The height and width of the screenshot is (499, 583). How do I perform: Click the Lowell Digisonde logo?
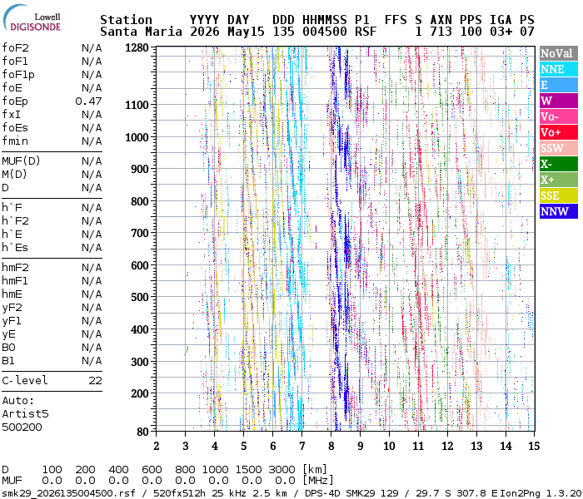pyautogui.click(x=32, y=18)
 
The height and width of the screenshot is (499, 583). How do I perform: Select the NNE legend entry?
pyautogui.click(x=559, y=69)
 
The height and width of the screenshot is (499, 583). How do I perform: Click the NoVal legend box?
pyautogui.click(x=559, y=53)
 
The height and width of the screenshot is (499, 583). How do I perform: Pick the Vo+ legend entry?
pyautogui.click(x=559, y=132)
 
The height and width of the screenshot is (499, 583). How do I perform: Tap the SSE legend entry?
pyautogui.click(x=559, y=195)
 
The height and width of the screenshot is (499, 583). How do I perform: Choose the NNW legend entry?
pyautogui.click(x=559, y=211)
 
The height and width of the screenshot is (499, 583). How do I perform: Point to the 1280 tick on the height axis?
pyautogui.click(x=137, y=47)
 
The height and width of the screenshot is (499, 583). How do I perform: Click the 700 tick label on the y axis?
pyautogui.click(x=140, y=233)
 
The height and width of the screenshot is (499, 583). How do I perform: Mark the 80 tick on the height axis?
pyautogui.click(x=142, y=432)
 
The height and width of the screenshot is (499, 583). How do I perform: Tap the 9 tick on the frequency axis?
pyautogui.click(x=360, y=446)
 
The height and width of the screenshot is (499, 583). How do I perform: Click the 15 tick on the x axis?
pyautogui.click(x=534, y=446)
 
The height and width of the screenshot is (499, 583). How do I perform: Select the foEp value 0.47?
pyautogui.click(x=88, y=101)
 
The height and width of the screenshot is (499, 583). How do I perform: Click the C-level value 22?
pyautogui.click(x=95, y=381)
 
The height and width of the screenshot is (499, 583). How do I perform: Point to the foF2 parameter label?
pyautogui.click(x=15, y=48)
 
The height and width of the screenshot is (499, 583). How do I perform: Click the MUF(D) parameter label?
pyautogui.click(x=21, y=161)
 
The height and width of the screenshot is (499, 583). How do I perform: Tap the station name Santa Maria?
pyautogui.click(x=141, y=32)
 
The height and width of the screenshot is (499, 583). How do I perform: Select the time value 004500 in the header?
pyautogui.click(x=325, y=32)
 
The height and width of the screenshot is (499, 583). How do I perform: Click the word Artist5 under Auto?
pyautogui.click(x=25, y=414)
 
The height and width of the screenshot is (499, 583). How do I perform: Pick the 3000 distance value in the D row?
pyautogui.click(x=282, y=470)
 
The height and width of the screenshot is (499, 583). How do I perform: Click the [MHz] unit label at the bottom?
pyautogui.click(x=318, y=481)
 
